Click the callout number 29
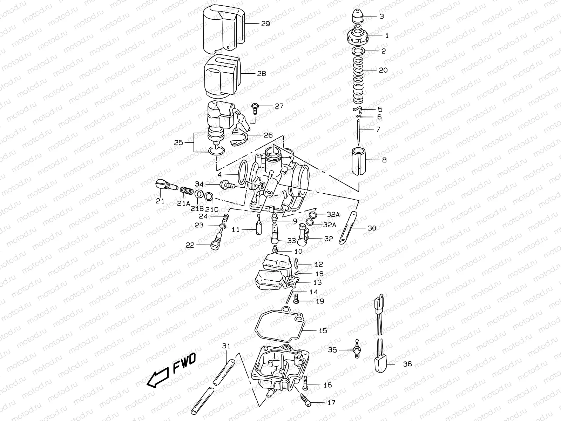(x=265, y=24)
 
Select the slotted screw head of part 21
(x=160, y=183)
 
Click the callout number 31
(x=227, y=346)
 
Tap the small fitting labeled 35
(x=357, y=350)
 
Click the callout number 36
(x=407, y=364)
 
